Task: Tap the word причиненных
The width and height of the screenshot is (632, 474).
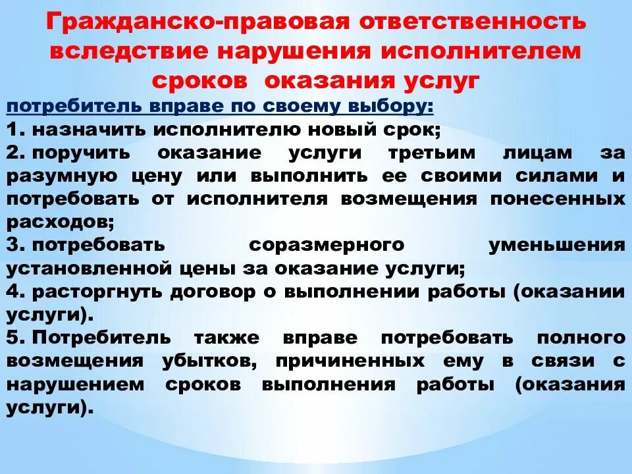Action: pos(350,361)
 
